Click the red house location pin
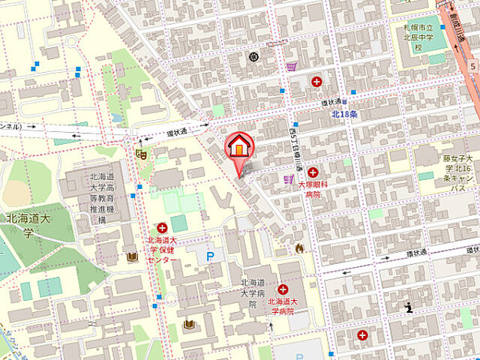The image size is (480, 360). coord(238,148)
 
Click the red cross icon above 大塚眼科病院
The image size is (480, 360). coord(313,172)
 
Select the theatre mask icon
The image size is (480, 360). coord(140,154)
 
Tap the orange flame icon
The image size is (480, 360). coord(300,247)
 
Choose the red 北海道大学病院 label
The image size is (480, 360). coord(285,306)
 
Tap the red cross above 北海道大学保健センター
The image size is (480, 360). coord(162,228)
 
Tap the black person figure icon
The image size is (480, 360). coord(408,307)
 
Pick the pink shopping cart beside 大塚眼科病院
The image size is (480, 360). coord(288,180)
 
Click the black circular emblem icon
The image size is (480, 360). coord(253,56)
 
